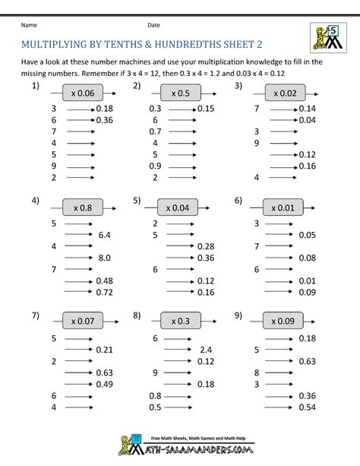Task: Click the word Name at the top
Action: (28, 25)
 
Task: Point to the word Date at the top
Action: (153, 25)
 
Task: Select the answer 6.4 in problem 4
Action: (104, 236)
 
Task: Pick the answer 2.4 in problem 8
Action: (205, 350)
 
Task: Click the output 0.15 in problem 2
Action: (207, 109)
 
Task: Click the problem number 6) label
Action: (238, 201)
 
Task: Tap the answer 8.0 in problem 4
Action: (104, 258)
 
